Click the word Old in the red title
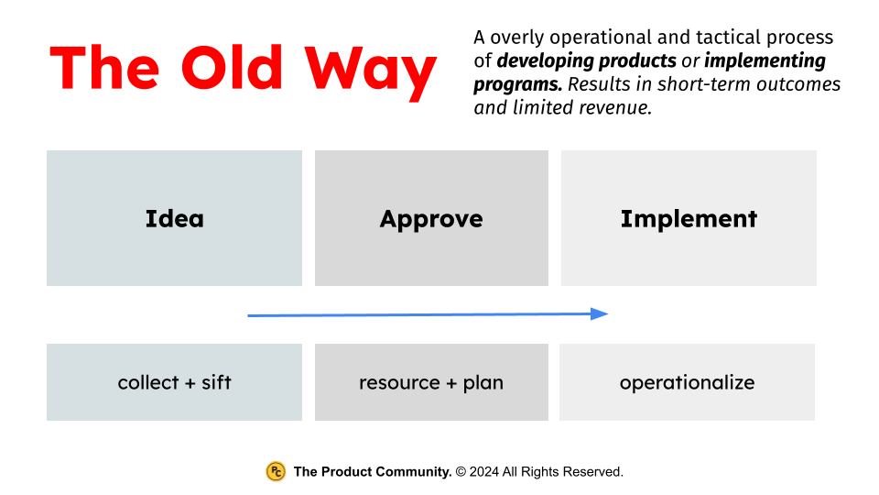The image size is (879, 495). [233, 67]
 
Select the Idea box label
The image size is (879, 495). [174, 219]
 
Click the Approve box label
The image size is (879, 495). [431, 219]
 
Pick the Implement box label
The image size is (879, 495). [689, 219]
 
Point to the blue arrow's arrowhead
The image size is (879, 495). [600, 313]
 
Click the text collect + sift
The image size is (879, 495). [174, 382]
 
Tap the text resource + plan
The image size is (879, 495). [431, 382]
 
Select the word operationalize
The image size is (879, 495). [687, 382]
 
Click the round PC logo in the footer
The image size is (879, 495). [276, 471]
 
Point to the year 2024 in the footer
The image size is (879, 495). [485, 472]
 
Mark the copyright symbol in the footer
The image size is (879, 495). [461, 472]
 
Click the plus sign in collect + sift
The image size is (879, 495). [190, 383]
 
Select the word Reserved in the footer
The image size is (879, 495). [592, 472]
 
